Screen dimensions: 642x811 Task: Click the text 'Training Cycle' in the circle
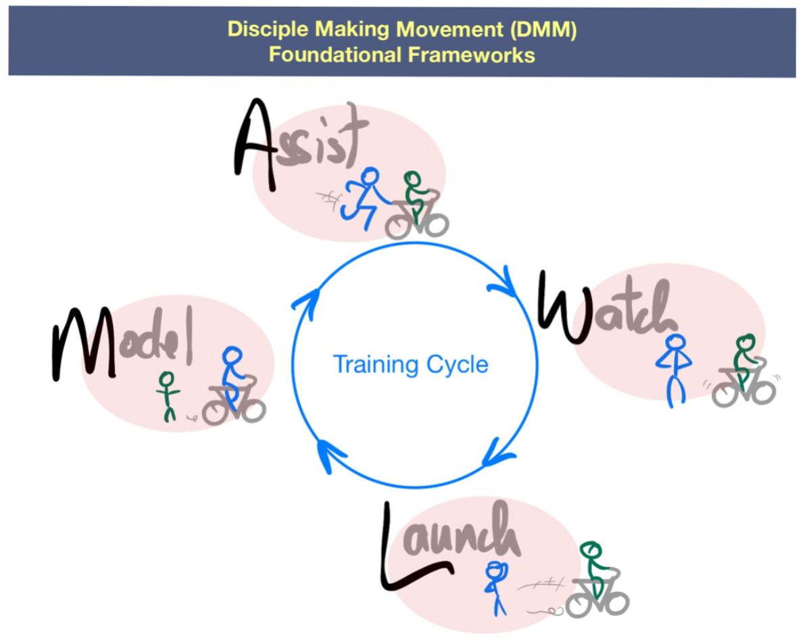point(410,365)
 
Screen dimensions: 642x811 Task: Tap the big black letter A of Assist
point(255,145)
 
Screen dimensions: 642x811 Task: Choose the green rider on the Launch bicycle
point(595,568)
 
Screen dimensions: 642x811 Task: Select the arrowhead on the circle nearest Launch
point(495,458)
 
